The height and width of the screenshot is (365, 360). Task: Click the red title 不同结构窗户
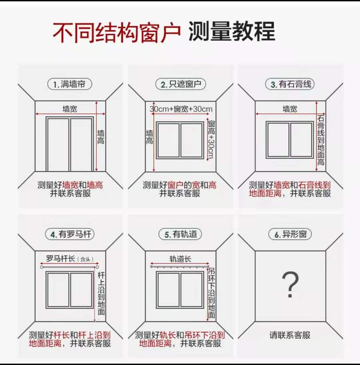tap(117, 32)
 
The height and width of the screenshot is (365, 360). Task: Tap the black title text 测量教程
tap(232, 31)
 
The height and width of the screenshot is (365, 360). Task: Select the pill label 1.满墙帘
tap(70, 84)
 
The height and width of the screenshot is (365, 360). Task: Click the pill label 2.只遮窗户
tap(180, 84)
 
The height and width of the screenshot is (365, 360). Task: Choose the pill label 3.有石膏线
tap(290, 84)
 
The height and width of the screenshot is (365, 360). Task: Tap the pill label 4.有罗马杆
tap(70, 234)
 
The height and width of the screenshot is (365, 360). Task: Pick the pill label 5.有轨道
tap(180, 234)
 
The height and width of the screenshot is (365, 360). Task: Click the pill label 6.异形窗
tap(290, 234)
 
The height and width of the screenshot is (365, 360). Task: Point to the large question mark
tap(290, 284)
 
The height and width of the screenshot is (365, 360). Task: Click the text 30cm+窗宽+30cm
tap(181, 109)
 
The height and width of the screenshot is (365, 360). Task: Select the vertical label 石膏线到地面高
tap(321, 140)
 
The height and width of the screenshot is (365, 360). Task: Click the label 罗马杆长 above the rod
tap(60, 259)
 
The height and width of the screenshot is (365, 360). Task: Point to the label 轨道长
tap(180, 259)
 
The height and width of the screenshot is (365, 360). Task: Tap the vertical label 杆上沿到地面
tap(101, 293)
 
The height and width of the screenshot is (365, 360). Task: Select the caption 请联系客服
tap(290, 335)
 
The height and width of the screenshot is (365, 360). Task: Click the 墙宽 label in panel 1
tap(70, 109)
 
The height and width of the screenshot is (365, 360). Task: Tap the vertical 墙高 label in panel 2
tap(150, 137)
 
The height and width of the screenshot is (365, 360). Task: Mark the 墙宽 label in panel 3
tap(290, 109)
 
